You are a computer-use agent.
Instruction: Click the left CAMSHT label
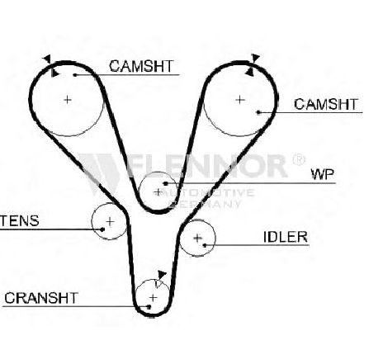point(141,66)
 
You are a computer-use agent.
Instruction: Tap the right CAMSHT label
point(326,104)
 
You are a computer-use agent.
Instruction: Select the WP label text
point(322,174)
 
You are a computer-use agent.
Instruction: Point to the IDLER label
point(285,237)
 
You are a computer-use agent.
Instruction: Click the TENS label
point(19,220)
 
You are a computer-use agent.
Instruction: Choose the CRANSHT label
point(41,298)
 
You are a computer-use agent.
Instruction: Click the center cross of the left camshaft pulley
point(68,100)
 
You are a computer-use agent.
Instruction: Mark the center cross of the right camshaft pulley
point(240,99)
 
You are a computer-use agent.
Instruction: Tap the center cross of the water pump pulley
point(158,192)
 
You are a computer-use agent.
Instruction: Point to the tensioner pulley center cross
point(110,221)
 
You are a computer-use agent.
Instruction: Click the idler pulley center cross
point(197,238)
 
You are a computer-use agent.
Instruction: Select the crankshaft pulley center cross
point(153,297)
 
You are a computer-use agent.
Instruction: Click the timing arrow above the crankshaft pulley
point(162,275)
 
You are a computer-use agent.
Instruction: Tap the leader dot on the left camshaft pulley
point(75,75)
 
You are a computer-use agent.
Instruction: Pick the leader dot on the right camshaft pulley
point(258,112)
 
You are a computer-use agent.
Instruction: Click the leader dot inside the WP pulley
point(165,183)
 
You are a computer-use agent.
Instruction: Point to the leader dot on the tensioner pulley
point(102,229)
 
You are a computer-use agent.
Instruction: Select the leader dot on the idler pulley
point(205,245)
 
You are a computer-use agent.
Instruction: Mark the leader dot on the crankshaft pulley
point(149,306)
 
